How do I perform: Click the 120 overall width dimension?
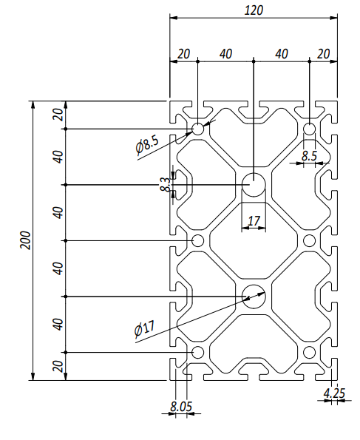[254, 10]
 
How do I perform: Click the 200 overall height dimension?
[25, 240]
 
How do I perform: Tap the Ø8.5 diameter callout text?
[147, 145]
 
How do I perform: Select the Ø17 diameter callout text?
[144, 328]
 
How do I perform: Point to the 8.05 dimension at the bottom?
[181, 406]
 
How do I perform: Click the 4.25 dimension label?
[334, 393]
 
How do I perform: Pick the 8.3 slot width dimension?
[166, 184]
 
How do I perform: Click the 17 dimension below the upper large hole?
[254, 221]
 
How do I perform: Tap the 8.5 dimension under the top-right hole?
[309, 156]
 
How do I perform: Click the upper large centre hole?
[254, 185]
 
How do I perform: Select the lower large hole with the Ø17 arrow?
[254, 297]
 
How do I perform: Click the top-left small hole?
[198, 129]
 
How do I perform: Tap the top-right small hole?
[310, 129]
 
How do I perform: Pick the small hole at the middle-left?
[198, 240]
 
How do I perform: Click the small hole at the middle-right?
[310, 240]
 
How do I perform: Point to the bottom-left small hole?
[198, 352]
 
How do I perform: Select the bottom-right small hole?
[310, 352]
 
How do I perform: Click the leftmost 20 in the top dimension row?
[184, 54]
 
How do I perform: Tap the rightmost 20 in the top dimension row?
[323, 54]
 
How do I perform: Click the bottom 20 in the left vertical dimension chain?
[58, 367]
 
